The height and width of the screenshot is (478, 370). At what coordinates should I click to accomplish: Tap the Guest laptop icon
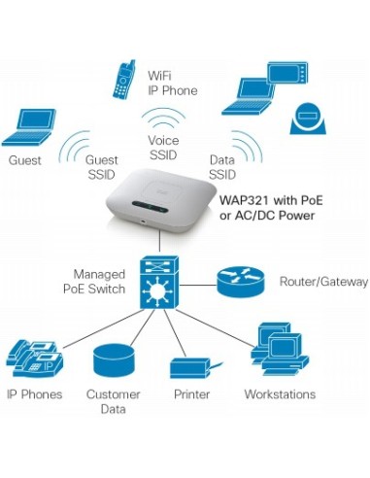click(x=30, y=128)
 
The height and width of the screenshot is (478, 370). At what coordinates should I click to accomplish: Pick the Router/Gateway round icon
click(x=239, y=280)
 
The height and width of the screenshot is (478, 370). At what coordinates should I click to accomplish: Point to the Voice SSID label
click(x=163, y=147)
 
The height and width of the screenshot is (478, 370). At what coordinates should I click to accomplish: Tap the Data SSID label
click(x=222, y=167)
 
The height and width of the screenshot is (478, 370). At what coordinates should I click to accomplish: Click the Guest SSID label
click(x=102, y=167)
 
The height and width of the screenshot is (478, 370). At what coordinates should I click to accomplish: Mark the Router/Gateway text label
click(x=323, y=281)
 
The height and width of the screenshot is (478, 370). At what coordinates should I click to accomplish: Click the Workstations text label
click(x=280, y=394)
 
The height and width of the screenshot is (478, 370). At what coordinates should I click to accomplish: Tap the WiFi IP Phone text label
click(x=172, y=83)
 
